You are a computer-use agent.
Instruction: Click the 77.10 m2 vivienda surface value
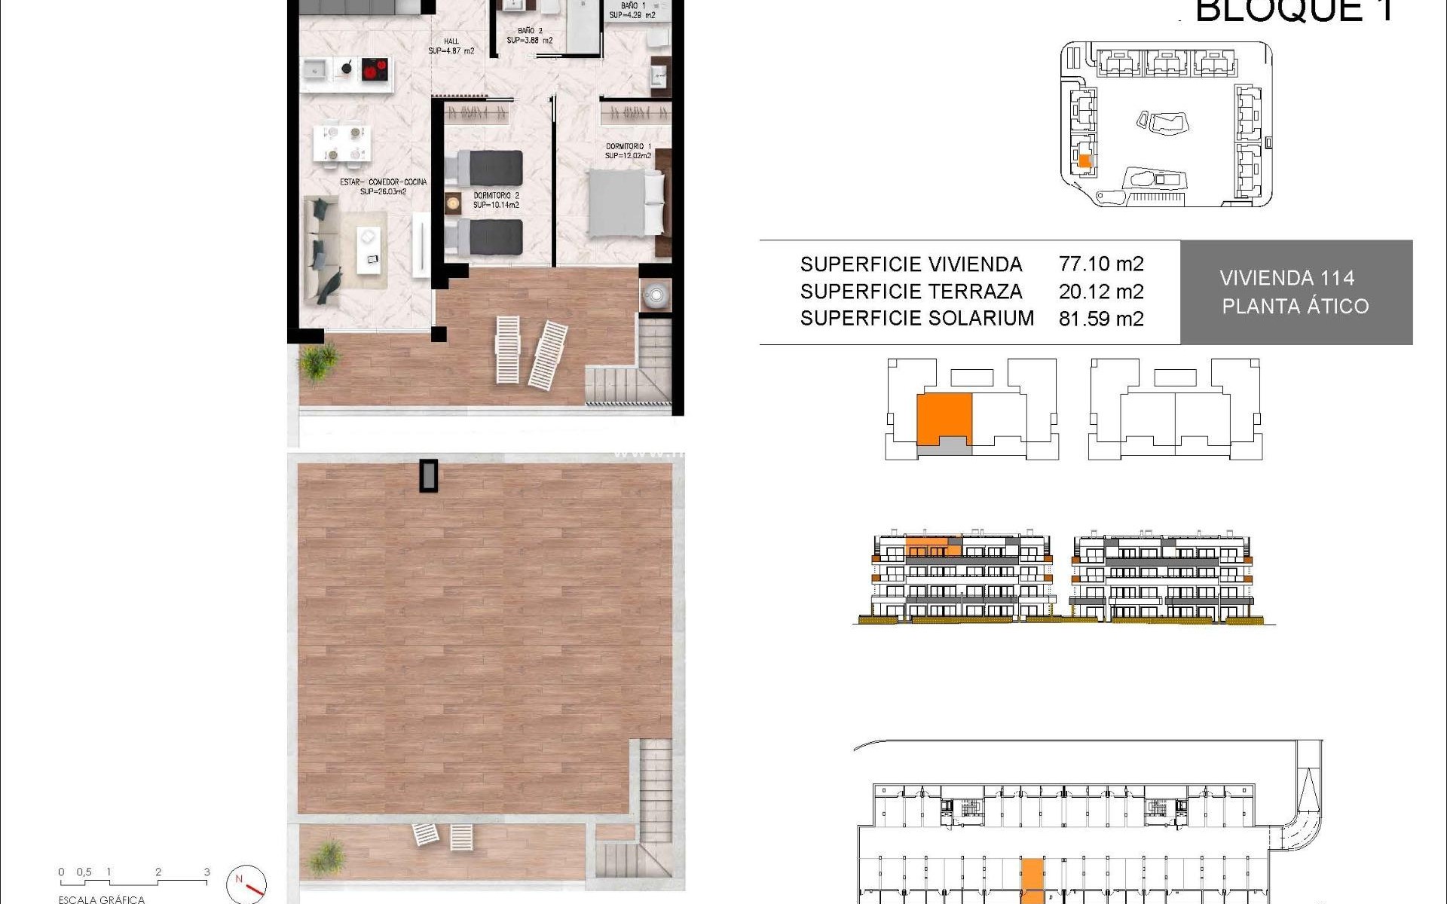[1100, 264]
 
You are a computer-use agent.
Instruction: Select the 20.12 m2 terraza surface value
[1100, 292]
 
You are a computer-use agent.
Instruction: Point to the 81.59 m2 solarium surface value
[1100, 319]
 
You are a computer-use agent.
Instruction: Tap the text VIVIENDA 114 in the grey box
[1286, 279]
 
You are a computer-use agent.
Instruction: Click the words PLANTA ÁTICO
[1295, 307]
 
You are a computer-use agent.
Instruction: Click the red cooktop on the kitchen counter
[374, 70]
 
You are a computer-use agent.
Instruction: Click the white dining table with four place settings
[342, 143]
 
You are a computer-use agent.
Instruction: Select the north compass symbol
[246, 884]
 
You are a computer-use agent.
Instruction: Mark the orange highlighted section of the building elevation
[932, 546]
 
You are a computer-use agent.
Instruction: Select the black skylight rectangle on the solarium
[428, 475]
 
